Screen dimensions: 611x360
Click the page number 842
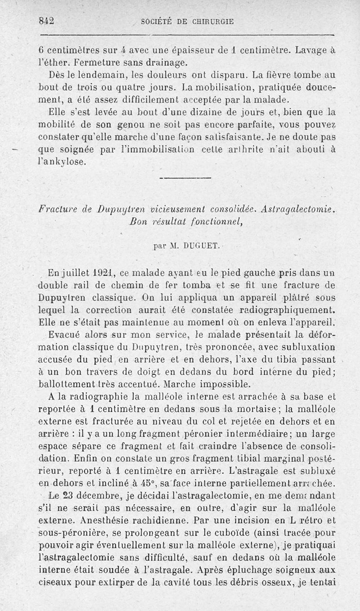click(46, 20)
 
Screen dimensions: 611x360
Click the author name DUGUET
click(201, 246)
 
